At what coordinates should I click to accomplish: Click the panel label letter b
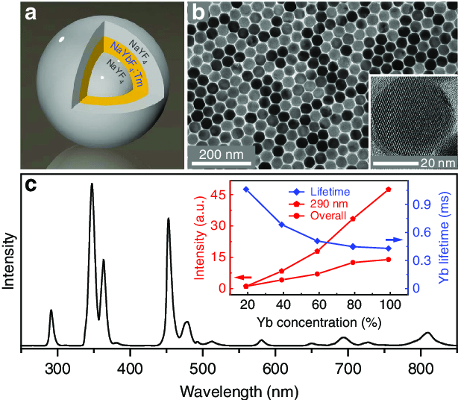coord(200,14)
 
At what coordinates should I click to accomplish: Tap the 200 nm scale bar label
coord(221,156)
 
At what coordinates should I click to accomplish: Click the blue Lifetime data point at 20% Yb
coord(245,190)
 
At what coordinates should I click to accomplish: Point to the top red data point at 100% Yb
coord(388,190)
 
